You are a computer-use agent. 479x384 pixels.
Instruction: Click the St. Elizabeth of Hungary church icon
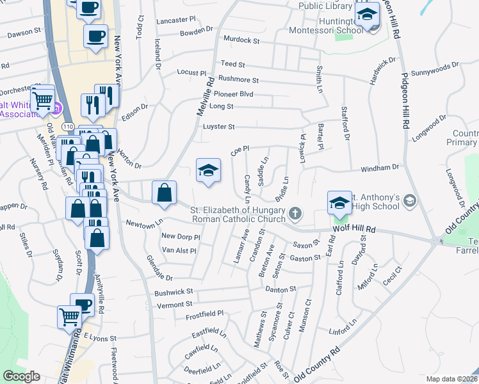click(x=295, y=213)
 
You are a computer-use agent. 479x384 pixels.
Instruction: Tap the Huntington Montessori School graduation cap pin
click(x=368, y=14)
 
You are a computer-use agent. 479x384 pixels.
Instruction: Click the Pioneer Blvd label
click(x=238, y=94)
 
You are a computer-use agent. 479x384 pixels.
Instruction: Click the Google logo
click(x=22, y=376)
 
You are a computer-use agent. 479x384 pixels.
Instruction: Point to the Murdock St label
click(x=241, y=40)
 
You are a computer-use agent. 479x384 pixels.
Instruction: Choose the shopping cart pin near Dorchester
click(x=43, y=99)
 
